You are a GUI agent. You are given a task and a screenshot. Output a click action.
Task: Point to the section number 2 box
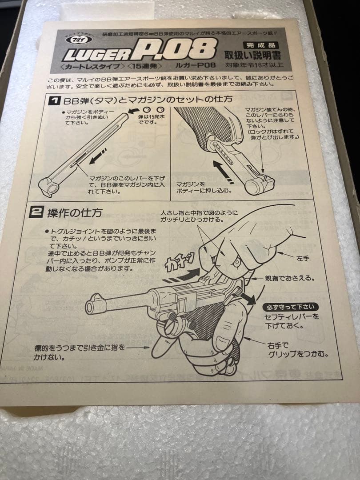pos(36,212)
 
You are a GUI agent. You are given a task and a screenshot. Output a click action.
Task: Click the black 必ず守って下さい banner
pos(290,307)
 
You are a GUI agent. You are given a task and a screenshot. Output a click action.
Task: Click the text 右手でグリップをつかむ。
pos(298,349)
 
